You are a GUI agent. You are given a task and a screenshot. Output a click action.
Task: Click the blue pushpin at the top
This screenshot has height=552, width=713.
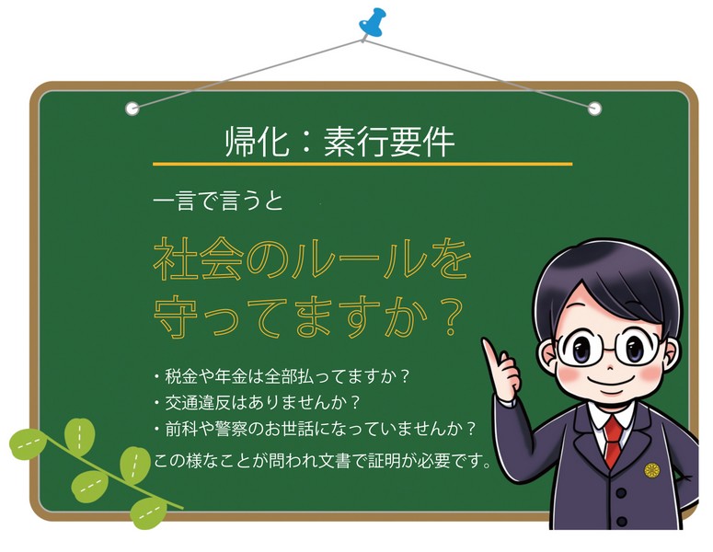pos(373,23)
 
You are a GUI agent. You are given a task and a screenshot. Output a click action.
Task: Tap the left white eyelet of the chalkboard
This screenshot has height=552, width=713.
pos(132,108)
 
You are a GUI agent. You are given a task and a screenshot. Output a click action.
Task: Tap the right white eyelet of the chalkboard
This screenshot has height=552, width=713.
pos(593,108)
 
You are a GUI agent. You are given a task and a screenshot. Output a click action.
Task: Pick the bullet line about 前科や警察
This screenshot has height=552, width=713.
pos(314,429)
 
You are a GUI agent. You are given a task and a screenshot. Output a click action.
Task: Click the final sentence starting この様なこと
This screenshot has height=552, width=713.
pos(322,459)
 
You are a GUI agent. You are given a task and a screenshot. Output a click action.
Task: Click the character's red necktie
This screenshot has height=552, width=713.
pos(612,442)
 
